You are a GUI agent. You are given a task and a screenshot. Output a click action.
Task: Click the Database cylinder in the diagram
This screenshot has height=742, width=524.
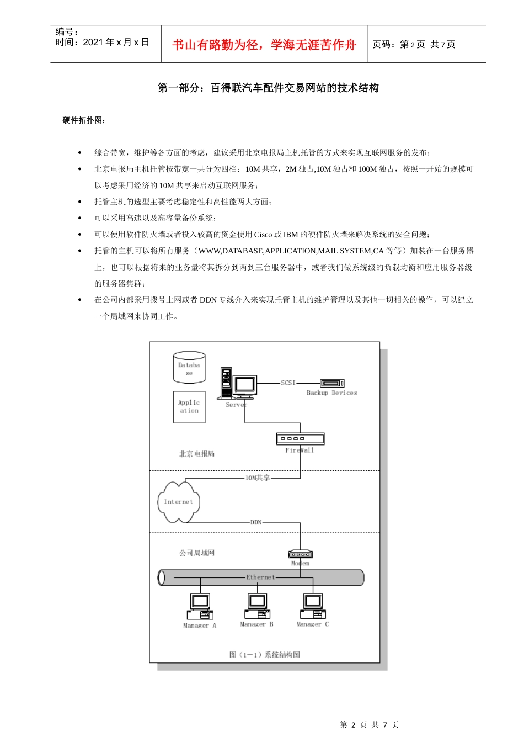click(x=189, y=368)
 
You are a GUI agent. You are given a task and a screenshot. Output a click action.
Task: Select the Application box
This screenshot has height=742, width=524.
click(x=189, y=407)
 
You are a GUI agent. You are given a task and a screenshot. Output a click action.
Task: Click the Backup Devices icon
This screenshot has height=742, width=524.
click(x=332, y=383)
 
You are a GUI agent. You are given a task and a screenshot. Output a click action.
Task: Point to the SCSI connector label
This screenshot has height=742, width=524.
click(x=288, y=383)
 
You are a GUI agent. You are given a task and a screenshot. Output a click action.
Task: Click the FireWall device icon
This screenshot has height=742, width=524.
click(x=300, y=439)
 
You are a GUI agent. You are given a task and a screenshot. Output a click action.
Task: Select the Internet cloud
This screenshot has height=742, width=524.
click(x=178, y=502)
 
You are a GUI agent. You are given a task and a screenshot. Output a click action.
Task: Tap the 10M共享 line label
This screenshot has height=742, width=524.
click(x=258, y=478)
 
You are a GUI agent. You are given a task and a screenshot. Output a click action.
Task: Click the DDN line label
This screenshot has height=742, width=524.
click(x=256, y=522)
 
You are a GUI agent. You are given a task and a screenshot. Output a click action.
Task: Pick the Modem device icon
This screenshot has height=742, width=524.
click(x=300, y=554)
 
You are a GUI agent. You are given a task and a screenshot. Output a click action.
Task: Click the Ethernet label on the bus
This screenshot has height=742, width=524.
click(x=260, y=577)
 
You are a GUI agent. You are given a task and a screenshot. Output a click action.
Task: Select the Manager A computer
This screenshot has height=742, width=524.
click(x=200, y=607)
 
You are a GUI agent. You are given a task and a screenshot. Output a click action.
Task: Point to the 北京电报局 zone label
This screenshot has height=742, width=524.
click(x=197, y=454)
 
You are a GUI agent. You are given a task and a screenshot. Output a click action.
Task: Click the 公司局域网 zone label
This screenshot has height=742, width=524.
click(x=197, y=553)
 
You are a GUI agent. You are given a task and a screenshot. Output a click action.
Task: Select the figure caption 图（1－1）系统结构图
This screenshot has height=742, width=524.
click(x=265, y=655)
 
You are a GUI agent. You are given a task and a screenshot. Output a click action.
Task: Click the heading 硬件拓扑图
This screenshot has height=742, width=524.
click(x=84, y=120)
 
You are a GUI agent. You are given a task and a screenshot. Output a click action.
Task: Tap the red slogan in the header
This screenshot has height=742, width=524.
click(x=264, y=45)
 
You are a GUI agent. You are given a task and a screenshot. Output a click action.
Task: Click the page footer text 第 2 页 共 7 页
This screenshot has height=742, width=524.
click(x=369, y=725)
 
